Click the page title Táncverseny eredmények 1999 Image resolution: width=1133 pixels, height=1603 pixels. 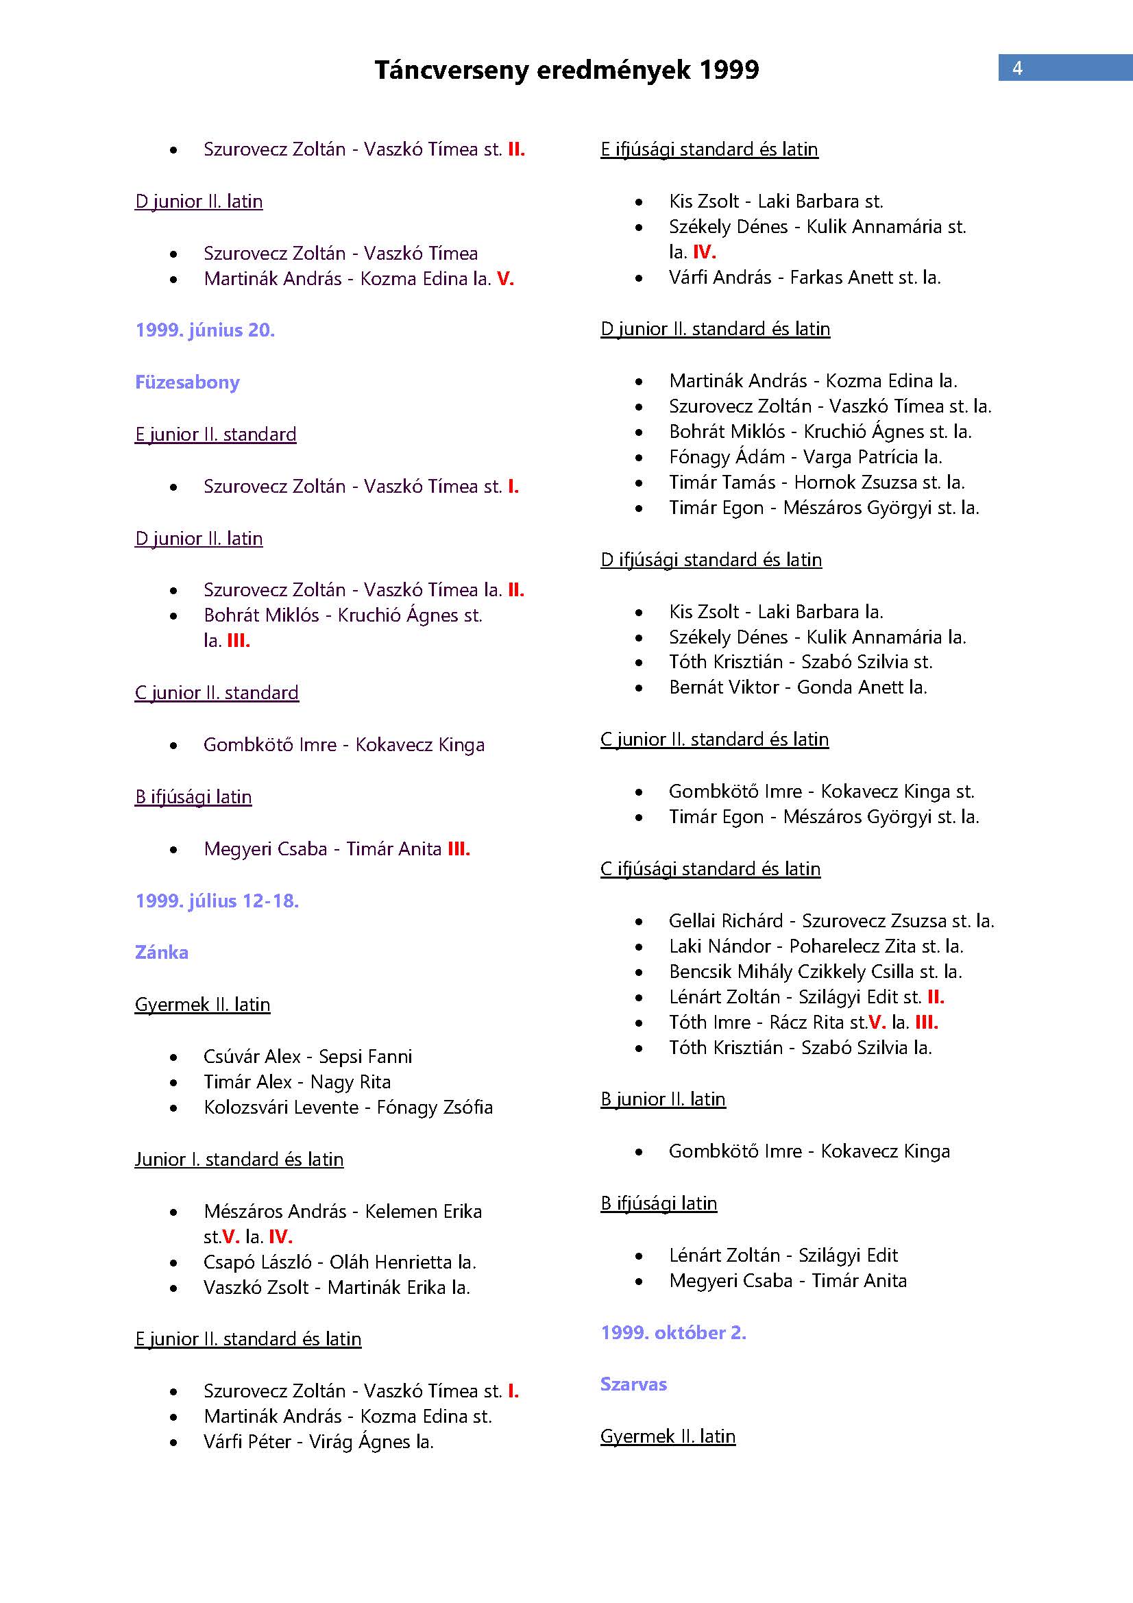(566, 70)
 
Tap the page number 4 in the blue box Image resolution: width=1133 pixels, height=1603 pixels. (1017, 68)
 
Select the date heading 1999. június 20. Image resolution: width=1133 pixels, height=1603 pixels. (205, 330)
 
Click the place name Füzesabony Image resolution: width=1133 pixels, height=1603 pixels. (187, 382)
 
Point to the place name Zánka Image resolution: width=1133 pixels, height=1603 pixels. (161, 953)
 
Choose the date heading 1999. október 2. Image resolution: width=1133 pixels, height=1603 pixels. (673, 1332)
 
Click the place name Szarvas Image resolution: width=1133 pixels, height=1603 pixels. (633, 1384)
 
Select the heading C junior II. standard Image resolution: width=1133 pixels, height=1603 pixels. (217, 693)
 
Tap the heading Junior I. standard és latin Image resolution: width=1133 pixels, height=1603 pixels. (239, 1159)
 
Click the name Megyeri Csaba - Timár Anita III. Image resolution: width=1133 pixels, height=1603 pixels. (337, 849)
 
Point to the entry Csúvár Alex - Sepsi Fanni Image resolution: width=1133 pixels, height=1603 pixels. (308, 1056)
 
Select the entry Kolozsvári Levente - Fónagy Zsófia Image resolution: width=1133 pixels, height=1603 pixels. (348, 1107)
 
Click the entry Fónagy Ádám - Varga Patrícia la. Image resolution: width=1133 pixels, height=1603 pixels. (805, 456)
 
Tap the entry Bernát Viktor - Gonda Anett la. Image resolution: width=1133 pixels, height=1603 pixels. (797, 687)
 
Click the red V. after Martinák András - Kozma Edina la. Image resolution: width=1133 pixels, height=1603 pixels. (505, 278)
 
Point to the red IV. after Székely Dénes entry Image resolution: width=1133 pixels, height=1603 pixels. (704, 252)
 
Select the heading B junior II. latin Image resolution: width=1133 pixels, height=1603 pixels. (663, 1099)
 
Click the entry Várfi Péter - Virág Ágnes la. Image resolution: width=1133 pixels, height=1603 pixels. (318, 1441)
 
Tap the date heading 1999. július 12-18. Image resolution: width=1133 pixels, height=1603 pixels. (217, 901)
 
